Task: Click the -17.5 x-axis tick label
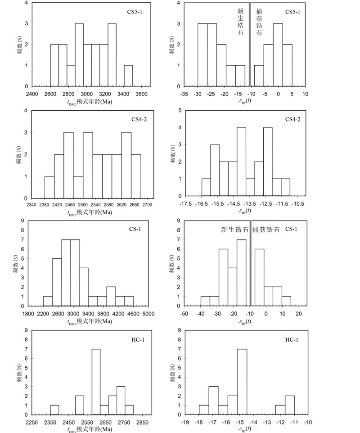(185, 204)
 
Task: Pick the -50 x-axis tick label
(184, 314)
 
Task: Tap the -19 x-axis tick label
(185, 423)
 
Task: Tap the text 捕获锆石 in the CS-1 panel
(266, 230)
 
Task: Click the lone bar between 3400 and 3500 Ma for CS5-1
(128, 76)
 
